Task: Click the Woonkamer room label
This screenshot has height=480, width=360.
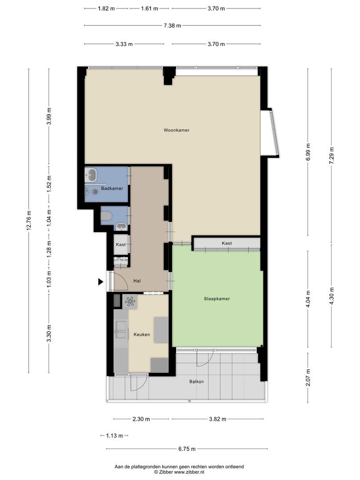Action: pos(176,130)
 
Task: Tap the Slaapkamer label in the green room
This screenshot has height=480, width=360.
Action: pos(217,299)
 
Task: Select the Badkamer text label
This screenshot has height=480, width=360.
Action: pos(112,188)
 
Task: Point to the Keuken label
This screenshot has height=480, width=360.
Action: pos(142,335)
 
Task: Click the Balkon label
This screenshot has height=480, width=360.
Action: pos(196,382)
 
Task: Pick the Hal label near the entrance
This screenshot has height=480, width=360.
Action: pos(137,281)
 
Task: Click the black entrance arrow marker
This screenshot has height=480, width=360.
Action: pos(100,282)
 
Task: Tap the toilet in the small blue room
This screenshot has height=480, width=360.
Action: pos(106,216)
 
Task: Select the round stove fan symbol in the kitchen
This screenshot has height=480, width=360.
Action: pos(130,301)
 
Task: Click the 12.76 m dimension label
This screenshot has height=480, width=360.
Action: pos(29,220)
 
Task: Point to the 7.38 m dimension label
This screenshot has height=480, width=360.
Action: pos(172,26)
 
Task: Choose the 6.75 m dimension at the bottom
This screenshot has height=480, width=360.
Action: pos(187,449)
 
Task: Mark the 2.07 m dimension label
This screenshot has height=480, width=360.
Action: pos(308,377)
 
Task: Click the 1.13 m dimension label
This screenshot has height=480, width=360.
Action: pos(114,436)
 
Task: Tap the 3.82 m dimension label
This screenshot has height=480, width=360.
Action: pos(217,419)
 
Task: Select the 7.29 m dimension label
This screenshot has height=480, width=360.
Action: pos(331,156)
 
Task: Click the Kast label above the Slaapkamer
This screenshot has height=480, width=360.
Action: pos(227,244)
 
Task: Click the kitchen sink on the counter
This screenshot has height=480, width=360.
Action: pos(120,330)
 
